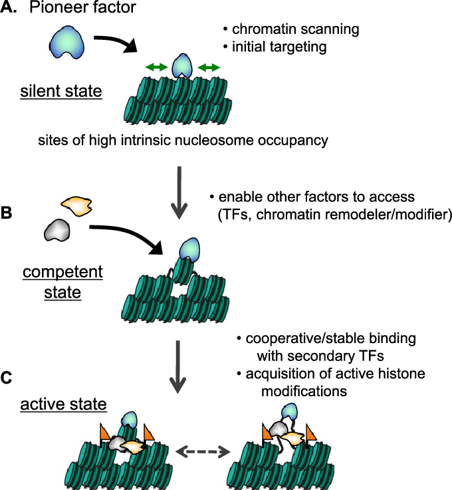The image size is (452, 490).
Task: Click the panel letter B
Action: (x=7, y=213)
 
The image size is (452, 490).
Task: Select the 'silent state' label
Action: (x=60, y=90)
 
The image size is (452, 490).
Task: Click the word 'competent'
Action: (x=63, y=272)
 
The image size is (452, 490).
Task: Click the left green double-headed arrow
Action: (x=157, y=67)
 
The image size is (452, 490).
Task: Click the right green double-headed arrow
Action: (x=209, y=67)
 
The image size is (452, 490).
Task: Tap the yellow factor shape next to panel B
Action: (x=75, y=205)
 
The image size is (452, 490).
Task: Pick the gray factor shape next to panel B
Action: (x=56, y=231)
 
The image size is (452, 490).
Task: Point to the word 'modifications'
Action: (x=302, y=391)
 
